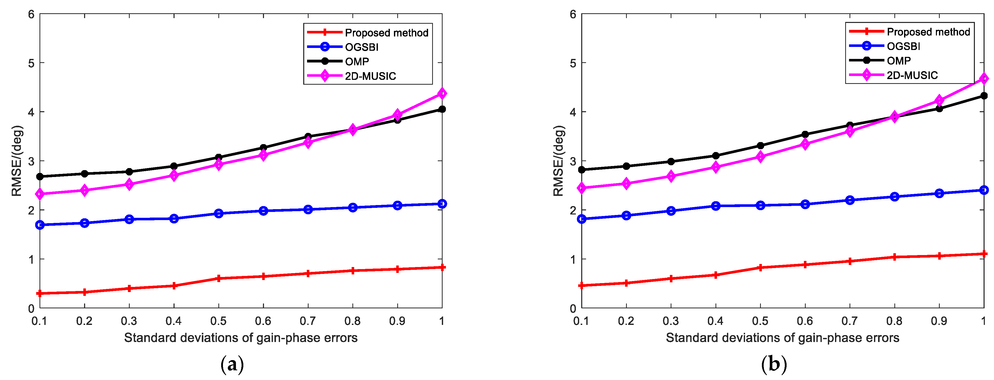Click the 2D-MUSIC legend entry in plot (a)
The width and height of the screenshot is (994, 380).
pos(370,76)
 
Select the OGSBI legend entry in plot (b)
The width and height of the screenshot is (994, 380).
pos(903,46)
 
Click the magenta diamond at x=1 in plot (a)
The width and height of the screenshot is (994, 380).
pos(442,93)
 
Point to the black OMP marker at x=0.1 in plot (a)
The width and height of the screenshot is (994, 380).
pos(40,176)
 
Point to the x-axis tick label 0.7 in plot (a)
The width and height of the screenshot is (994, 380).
pos(308,321)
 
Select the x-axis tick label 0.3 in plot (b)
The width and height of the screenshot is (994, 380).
pos(671,321)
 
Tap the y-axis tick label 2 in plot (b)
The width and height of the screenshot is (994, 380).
pos(573,210)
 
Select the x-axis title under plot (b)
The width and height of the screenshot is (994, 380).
pos(783,338)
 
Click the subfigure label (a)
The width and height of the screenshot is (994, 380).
pos(232,364)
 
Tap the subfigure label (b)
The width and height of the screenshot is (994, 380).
pos(774,364)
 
